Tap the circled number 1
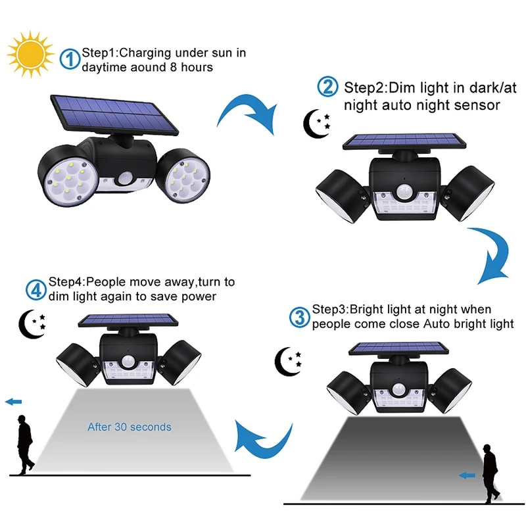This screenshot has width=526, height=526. click(x=70, y=59)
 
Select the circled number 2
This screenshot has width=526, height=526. click(x=327, y=87)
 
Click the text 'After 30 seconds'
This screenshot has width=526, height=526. click(x=130, y=427)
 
